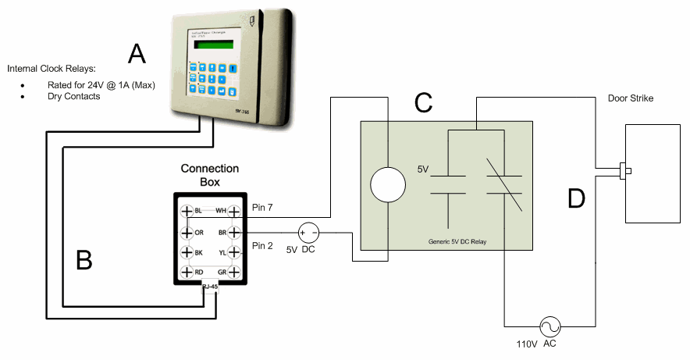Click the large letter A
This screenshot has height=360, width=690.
point(137,54)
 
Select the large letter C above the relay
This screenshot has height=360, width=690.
point(423,102)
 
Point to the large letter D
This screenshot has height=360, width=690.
point(576,198)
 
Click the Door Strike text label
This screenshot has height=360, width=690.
point(630,98)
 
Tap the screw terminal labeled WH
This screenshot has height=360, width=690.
point(233,212)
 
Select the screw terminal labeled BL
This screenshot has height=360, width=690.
point(187,212)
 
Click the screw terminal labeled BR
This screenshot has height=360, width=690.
point(233,232)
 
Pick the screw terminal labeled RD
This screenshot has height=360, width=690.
point(187,272)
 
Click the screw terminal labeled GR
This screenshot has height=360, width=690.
point(233,272)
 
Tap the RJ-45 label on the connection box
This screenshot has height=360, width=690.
point(209,287)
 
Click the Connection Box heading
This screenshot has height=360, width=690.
point(209,175)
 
